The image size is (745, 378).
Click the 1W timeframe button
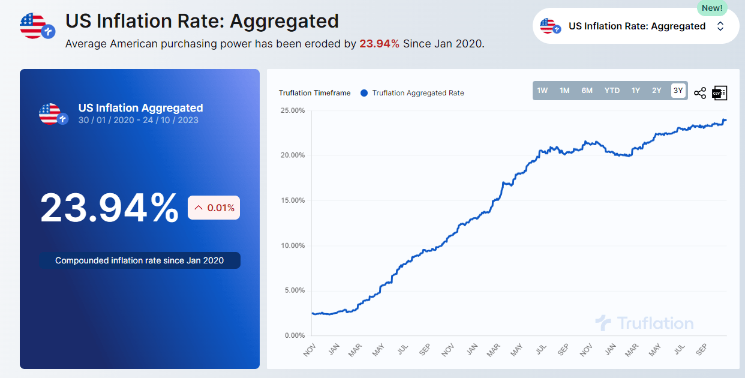(542, 91)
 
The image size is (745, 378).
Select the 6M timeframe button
(587, 91)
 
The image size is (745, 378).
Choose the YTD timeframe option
(612, 91)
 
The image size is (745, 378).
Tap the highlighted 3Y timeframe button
(678, 91)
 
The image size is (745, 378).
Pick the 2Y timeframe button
(657, 91)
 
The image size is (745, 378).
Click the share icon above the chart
(699, 93)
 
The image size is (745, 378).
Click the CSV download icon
(719, 92)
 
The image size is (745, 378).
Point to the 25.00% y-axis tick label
(293, 110)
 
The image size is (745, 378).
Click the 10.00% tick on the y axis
(293, 245)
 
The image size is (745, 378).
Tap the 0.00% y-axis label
(295, 335)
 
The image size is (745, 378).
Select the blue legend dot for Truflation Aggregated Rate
(364, 93)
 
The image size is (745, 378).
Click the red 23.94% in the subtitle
(379, 44)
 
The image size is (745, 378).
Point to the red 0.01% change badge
(214, 208)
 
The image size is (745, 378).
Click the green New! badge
(712, 8)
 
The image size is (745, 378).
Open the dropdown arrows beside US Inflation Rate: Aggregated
(720, 26)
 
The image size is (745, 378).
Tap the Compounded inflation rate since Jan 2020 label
(139, 260)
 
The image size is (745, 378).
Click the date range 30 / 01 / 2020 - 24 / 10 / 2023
(138, 120)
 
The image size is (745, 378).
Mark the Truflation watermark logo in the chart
(644, 323)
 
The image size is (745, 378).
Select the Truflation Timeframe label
(314, 93)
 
